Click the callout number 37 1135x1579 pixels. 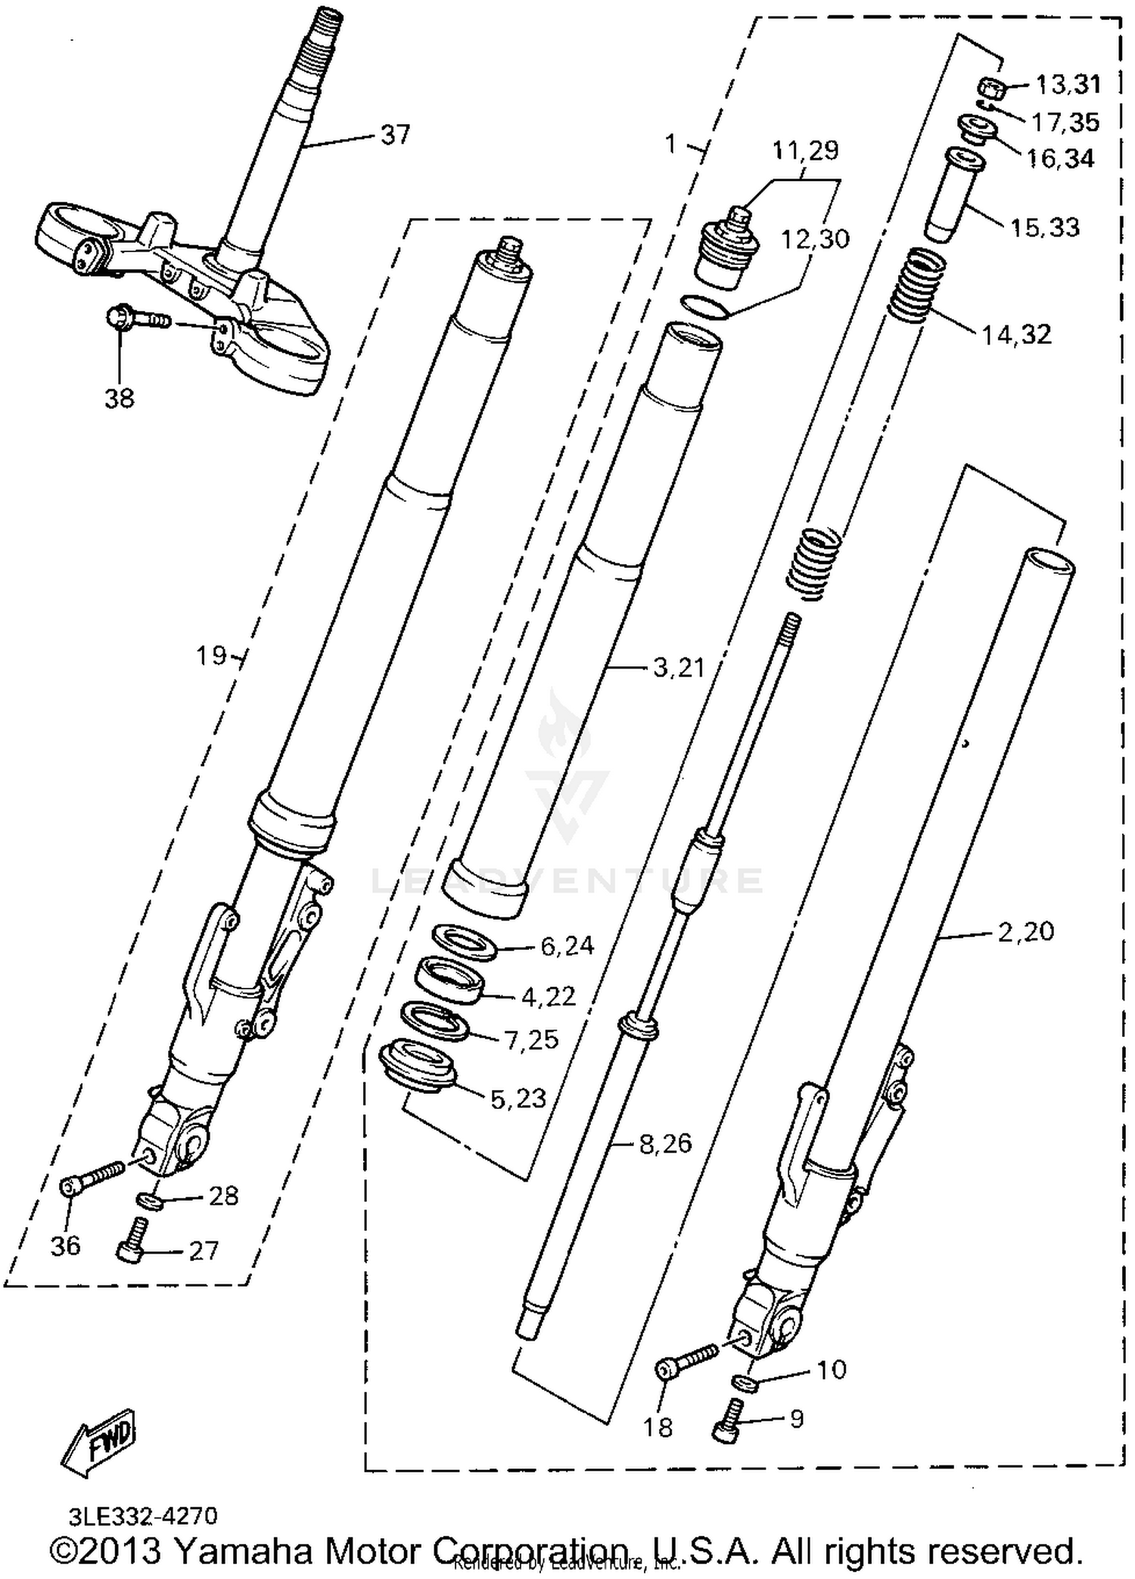tap(395, 135)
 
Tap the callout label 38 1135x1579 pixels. tap(119, 397)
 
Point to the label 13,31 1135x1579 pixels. tap(1068, 84)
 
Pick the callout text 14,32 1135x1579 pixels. tap(1016, 334)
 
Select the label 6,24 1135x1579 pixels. tap(567, 945)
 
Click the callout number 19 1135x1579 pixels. tap(211, 655)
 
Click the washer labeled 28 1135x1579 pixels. tap(149, 1200)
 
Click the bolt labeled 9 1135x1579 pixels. tap(727, 1422)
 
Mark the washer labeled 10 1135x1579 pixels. tap(745, 1382)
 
